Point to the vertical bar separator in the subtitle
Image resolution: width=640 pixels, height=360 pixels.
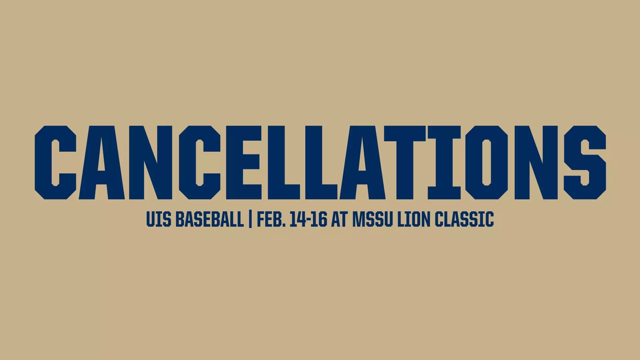tap(250, 220)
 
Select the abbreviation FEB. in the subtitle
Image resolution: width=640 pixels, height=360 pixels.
tap(271, 220)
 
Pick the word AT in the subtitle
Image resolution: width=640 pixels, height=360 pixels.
tap(339, 220)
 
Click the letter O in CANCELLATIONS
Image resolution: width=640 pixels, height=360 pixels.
tap(486, 162)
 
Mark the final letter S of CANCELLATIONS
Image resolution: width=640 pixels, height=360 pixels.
tap(584, 162)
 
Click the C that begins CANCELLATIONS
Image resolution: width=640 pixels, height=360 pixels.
tap(55, 162)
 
